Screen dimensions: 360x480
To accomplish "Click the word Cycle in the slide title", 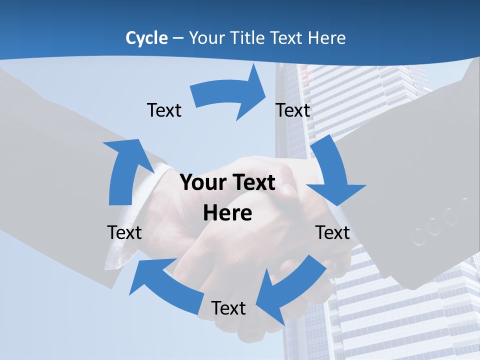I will pos(146,38).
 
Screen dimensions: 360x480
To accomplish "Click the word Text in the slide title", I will pos(286,38).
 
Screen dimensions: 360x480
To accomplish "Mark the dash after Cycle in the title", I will pos(178,38).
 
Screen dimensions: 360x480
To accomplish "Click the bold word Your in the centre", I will pos(202,182).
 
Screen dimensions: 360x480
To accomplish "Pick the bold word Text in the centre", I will pos(252,182).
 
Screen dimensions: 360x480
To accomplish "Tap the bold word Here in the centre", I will pos(227,213).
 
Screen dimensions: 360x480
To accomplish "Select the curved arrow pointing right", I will pos(230,95).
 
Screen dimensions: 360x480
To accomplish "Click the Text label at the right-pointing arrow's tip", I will pos(293,110).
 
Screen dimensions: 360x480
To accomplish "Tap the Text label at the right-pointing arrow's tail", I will pos(164,110).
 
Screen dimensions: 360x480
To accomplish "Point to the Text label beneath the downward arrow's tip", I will pos(332,232).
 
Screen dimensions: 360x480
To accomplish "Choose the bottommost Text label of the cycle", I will pos(228,308).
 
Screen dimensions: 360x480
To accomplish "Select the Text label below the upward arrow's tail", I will pos(124,232).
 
